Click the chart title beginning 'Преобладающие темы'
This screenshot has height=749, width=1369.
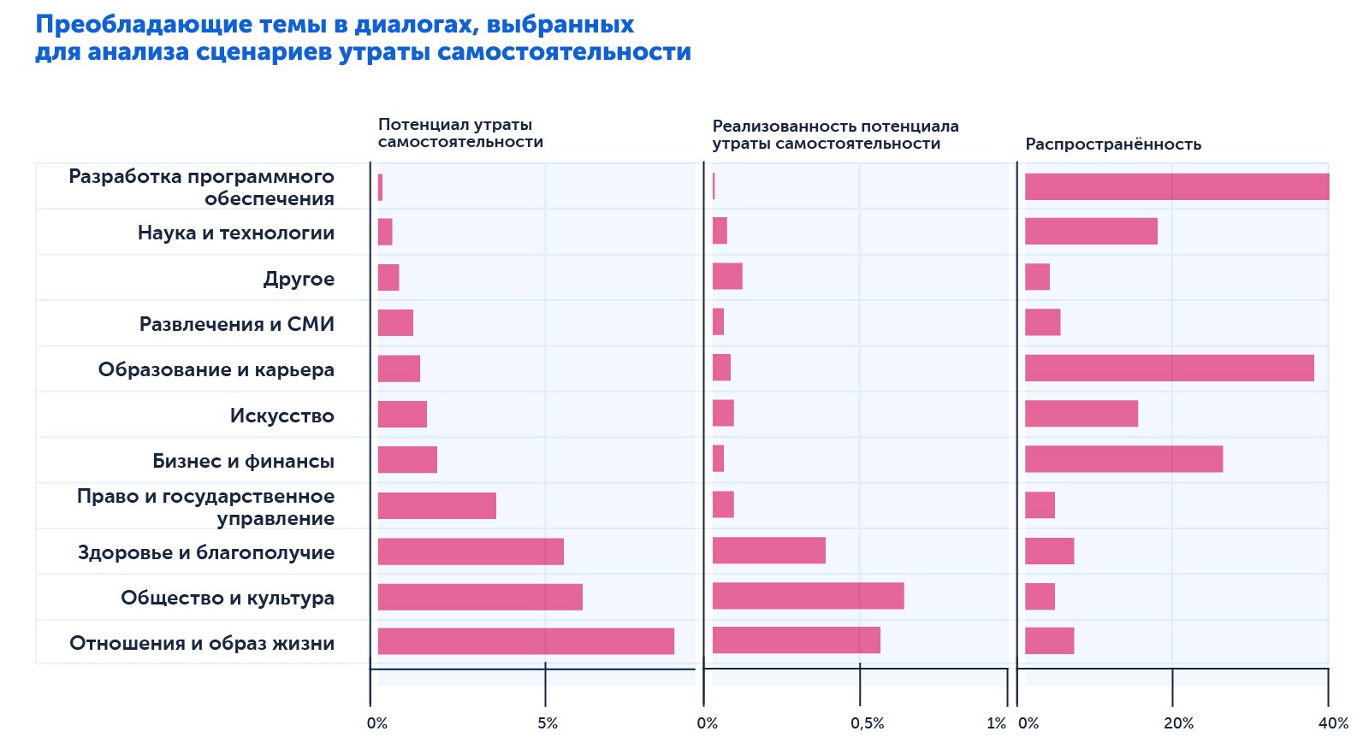click(x=363, y=38)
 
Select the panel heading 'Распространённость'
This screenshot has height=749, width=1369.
click(x=1112, y=144)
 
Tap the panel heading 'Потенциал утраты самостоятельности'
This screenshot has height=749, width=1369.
click(x=460, y=133)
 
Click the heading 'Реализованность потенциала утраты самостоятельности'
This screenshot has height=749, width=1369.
click(x=835, y=135)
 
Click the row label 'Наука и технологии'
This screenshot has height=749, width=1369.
click(x=236, y=233)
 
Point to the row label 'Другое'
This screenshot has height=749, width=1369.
click(x=299, y=279)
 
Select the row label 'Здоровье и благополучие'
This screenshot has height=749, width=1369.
click(x=206, y=552)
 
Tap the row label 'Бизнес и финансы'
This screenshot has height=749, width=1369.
click(x=243, y=461)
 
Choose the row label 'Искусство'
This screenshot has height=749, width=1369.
click(x=282, y=416)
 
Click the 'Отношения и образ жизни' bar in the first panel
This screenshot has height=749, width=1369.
click(x=525, y=641)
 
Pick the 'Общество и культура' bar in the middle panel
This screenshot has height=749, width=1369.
click(x=808, y=596)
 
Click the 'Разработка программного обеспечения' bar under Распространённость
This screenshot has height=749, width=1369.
click(x=1176, y=186)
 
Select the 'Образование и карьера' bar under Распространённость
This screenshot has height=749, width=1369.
click(x=1169, y=369)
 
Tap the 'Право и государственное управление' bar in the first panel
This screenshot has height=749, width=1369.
click(x=436, y=505)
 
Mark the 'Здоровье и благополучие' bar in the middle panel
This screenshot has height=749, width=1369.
click(x=768, y=551)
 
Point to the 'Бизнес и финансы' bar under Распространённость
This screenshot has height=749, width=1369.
click(x=1123, y=459)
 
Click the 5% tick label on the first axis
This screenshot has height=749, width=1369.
click(x=548, y=723)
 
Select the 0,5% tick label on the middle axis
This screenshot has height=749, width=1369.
click(x=867, y=723)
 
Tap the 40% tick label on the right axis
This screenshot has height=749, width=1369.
click(x=1333, y=723)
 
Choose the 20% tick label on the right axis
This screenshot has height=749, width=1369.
click(x=1177, y=723)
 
